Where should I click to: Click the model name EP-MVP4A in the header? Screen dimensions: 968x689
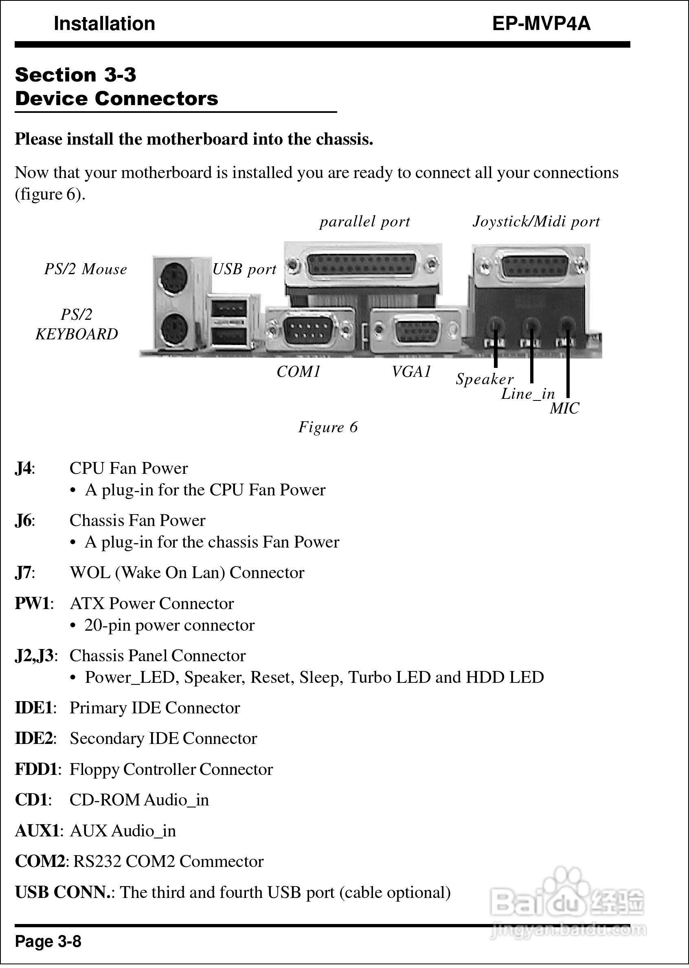point(541,24)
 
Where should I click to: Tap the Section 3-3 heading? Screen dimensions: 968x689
point(75,75)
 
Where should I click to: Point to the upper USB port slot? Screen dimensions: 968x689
point(229,306)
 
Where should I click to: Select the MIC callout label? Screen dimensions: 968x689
point(564,409)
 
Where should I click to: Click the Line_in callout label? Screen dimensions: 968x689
point(528,394)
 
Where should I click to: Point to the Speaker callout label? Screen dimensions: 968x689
point(485,379)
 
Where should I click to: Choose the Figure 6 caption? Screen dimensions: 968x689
point(328,427)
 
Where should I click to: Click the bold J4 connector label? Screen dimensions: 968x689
point(23,469)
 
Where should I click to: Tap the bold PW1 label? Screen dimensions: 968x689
point(33,603)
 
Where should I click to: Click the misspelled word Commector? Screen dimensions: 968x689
point(222,862)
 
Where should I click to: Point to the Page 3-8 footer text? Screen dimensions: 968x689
point(48,941)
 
